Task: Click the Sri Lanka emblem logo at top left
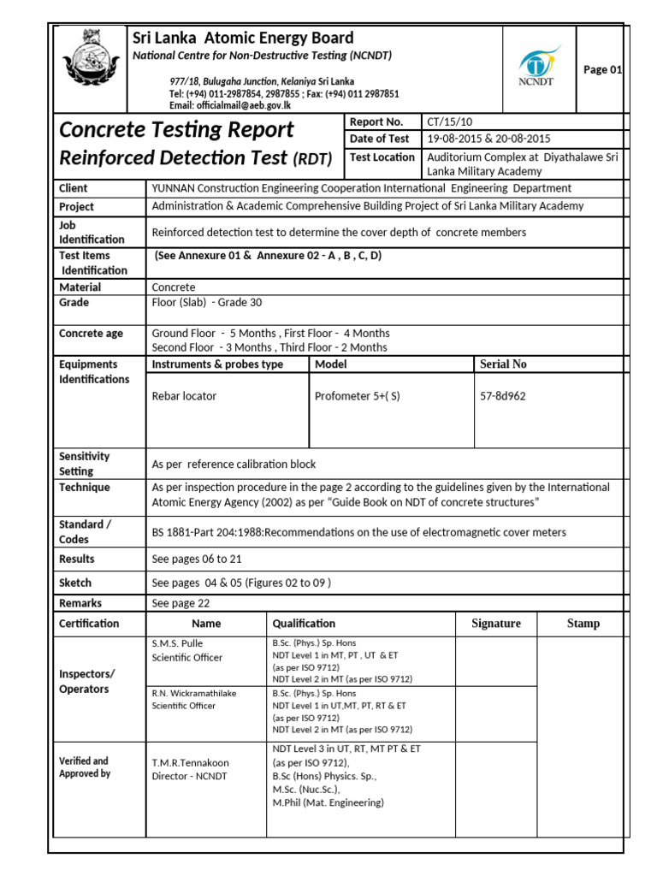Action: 89,67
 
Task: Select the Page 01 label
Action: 602,70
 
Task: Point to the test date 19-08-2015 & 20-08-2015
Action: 489,139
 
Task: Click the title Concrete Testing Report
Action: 176,130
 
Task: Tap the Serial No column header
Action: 503,364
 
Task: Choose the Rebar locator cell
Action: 184,396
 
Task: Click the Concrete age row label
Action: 91,334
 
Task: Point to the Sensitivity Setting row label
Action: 84,464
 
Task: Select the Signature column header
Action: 496,624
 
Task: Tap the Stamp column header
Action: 583,624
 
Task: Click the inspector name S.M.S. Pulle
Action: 178,642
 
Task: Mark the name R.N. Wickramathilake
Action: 196,693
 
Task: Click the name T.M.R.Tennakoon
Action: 191,762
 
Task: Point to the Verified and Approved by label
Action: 84,766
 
